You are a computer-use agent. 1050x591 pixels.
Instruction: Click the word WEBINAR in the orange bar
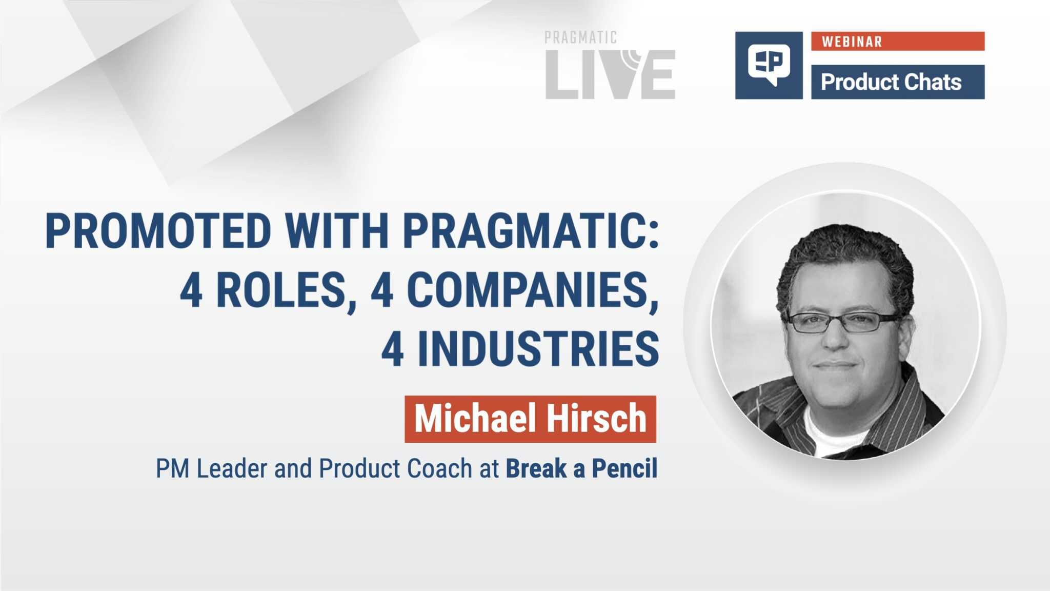pos(852,42)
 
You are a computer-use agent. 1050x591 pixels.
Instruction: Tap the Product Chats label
pos(891,82)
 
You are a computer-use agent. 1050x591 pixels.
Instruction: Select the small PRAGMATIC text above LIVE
pos(580,37)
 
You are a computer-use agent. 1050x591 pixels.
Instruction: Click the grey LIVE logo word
pos(610,74)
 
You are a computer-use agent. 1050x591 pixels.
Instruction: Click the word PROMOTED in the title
pos(158,231)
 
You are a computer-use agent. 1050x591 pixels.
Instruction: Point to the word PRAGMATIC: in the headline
pos(531,231)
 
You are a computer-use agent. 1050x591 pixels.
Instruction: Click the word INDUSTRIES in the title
pos(538,349)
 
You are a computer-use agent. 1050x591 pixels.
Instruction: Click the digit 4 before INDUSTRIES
pos(393,349)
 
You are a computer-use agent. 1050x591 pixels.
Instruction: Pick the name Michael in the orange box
pos(475,419)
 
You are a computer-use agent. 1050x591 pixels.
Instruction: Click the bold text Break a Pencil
pos(581,468)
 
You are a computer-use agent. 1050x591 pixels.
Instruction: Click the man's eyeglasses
pos(841,323)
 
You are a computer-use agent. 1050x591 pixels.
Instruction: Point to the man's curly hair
pos(846,246)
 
